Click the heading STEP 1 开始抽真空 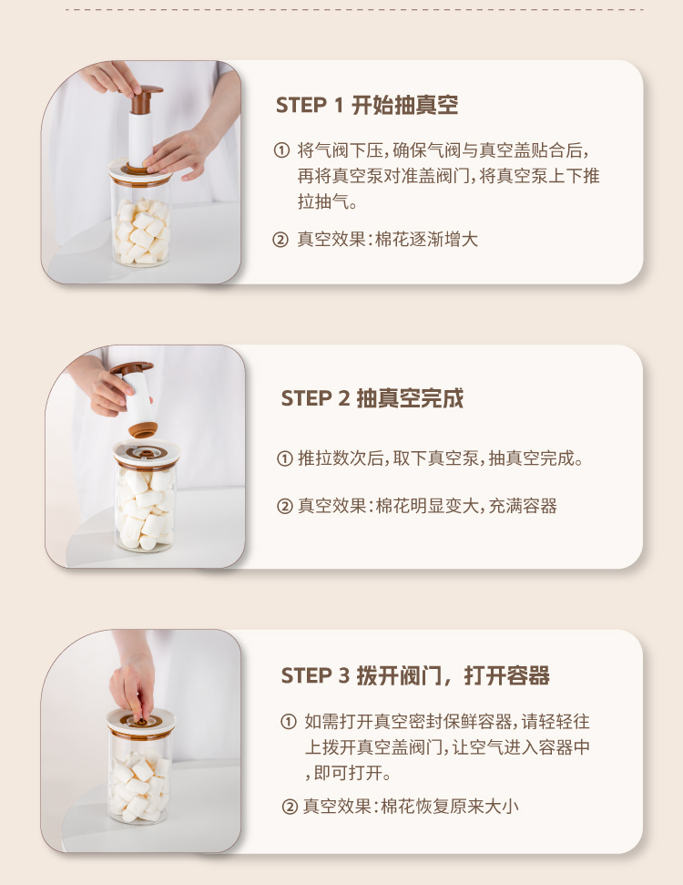(x=367, y=105)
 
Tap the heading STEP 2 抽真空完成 (x=372, y=398)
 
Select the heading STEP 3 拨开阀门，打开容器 (x=415, y=675)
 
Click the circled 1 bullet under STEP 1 (x=281, y=150)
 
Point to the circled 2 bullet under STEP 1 (x=280, y=240)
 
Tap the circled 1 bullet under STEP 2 (x=285, y=458)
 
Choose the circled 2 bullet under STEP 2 (x=285, y=506)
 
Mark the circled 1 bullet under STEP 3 (x=288, y=721)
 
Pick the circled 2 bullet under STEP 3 (x=290, y=807)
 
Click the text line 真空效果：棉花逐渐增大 (x=387, y=240)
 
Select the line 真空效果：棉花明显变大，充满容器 (x=427, y=506)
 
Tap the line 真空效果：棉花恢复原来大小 (x=411, y=807)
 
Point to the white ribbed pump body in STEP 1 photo (x=141, y=139)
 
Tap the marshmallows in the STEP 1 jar (x=141, y=231)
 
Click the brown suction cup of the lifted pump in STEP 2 (x=143, y=429)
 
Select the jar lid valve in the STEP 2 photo (x=146, y=452)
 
